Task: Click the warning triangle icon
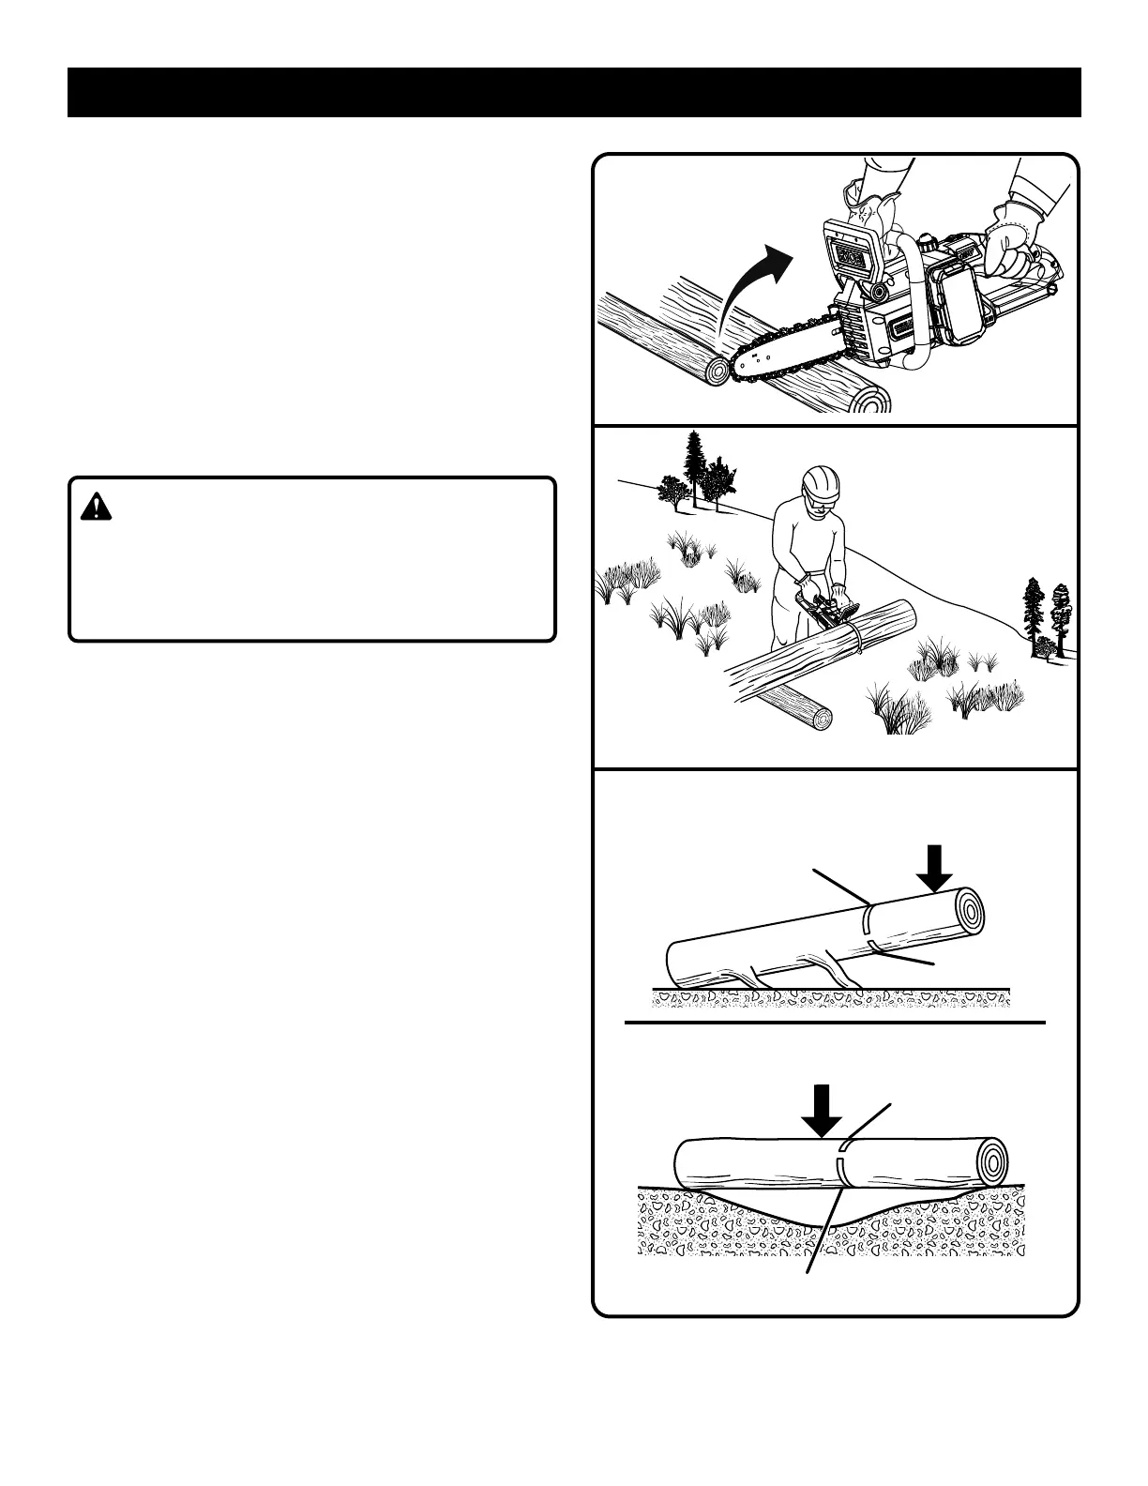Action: (x=96, y=507)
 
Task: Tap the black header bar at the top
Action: (x=574, y=92)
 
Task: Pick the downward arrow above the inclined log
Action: (x=934, y=869)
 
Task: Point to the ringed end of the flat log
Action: (x=992, y=1161)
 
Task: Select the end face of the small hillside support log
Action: (x=823, y=720)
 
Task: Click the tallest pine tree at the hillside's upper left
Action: (x=695, y=469)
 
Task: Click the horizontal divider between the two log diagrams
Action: (x=835, y=1021)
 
